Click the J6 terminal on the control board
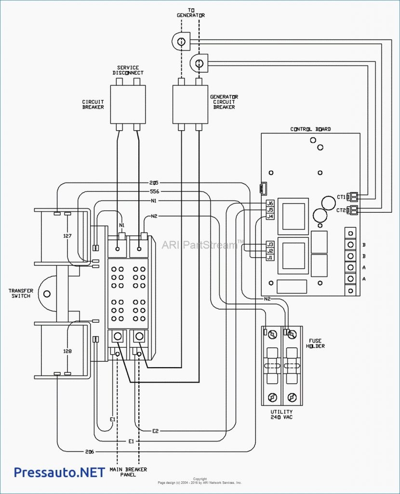(x=270, y=204)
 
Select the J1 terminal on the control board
(x=270, y=258)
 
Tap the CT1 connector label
(x=341, y=197)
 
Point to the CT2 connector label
(x=341, y=210)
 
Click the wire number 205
(x=154, y=183)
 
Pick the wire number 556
(x=154, y=192)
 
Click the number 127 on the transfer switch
(x=67, y=236)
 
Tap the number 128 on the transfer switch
(x=67, y=351)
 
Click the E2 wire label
(x=156, y=431)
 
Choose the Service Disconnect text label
(x=128, y=70)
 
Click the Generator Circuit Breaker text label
(x=224, y=102)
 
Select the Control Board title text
(x=310, y=129)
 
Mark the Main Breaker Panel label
(x=128, y=472)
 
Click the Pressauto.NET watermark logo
(x=59, y=472)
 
